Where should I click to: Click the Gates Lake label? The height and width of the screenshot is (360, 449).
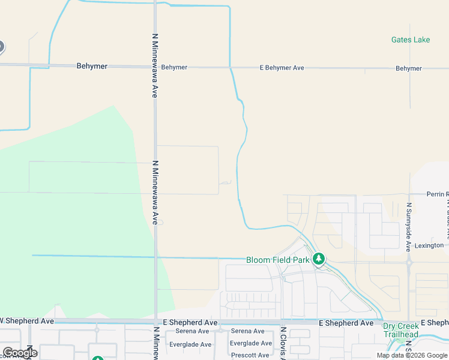pyautogui.click(x=411, y=40)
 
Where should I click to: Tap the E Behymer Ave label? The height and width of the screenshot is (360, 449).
pyautogui.click(x=282, y=68)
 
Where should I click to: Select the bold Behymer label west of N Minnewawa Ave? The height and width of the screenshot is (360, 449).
pyautogui.click(x=92, y=66)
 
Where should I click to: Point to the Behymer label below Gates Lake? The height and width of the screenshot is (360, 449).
pyautogui.click(x=409, y=68)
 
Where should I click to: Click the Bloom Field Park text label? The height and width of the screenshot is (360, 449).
pyautogui.click(x=277, y=260)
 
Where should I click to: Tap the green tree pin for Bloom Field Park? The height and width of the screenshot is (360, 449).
pyautogui.click(x=319, y=259)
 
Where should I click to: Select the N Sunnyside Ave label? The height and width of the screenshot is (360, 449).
pyautogui.click(x=408, y=227)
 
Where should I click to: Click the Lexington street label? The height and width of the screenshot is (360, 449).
pyautogui.click(x=430, y=245)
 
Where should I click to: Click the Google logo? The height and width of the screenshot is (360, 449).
pyautogui.click(x=20, y=353)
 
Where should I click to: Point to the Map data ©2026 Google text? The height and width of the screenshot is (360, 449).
pyautogui.click(x=412, y=355)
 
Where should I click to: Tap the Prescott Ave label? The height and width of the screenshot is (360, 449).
pyautogui.click(x=250, y=355)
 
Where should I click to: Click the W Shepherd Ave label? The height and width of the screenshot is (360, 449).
pyautogui.click(x=28, y=321)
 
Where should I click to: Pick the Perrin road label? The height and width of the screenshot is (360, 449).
pyautogui.click(x=437, y=194)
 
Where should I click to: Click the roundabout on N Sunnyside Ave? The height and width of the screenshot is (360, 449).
pyautogui.click(x=408, y=262)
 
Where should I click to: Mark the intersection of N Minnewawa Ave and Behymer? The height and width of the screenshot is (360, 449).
pyautogui.click(x=155, y=67)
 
